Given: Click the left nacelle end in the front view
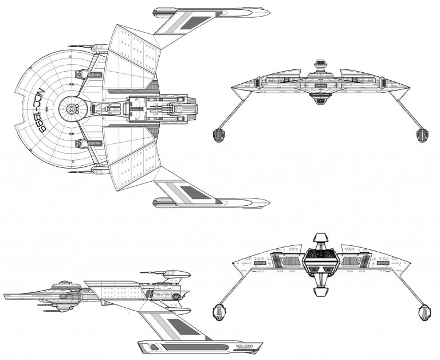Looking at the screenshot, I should pos(219,135).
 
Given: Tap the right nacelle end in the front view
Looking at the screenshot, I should pos(422,135).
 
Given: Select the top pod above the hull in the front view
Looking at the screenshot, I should pos(321,65).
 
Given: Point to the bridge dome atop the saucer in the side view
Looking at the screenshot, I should pos(63,283).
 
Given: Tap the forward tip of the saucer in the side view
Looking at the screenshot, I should pos(6,296).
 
